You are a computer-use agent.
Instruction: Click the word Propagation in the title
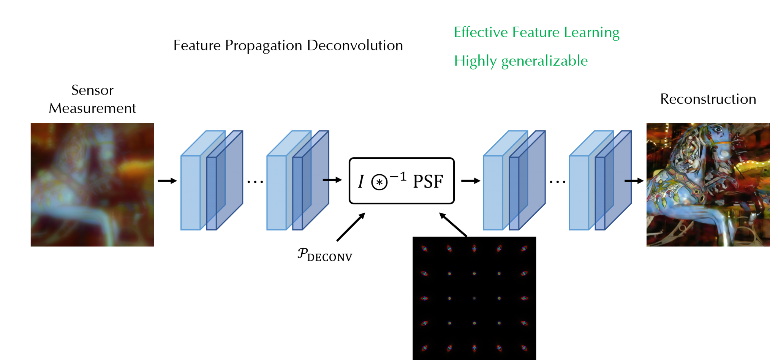(x=264, y=46)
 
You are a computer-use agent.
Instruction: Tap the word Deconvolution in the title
(x=355, y=45)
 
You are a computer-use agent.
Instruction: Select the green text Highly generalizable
(x=521, y=61)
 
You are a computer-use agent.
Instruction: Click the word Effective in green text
(x=481, y=32)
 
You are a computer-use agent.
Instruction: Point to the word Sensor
(x=92, y=90)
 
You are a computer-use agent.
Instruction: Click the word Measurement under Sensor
(x=92, y=108)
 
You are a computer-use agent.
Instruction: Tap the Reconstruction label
(x=708, y=99)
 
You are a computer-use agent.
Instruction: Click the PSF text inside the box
(x=428, y=182)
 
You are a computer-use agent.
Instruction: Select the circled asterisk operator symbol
(x=379, y=182)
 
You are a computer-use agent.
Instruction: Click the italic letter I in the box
(x=361, y=182)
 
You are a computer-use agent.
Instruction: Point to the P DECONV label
(x=325, y=255)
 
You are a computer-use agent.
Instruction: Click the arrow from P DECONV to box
(x=351, y=227)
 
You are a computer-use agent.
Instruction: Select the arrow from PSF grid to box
(x=453, y=225)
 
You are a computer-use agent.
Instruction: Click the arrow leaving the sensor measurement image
(x=168, y=181)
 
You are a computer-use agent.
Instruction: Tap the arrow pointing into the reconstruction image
(x=634, y=181)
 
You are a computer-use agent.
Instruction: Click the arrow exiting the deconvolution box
(x=471, y=181)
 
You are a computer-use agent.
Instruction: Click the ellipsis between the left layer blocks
(x=255, y=182)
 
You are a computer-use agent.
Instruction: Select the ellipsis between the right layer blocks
(x=558, y=182)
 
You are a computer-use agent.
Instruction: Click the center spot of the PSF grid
(x=474, y=298)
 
